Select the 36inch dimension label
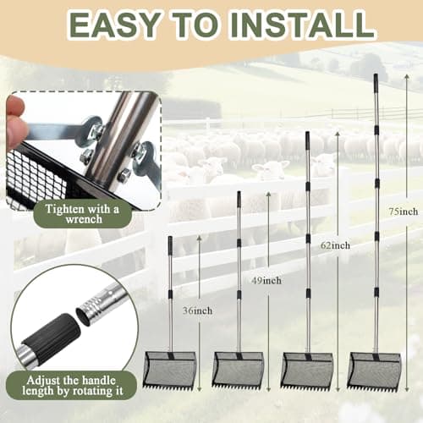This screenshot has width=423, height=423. tap(197, 310)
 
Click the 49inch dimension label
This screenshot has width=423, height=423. tap(266, 281)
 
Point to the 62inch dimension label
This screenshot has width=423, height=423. tap(335, 245)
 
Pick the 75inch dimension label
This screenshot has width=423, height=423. tap(404, 211)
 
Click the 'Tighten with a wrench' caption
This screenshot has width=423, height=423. tap(82, 214)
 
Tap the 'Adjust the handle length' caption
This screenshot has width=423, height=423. tap(72, 386)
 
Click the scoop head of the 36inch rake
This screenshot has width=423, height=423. tap(170, 371)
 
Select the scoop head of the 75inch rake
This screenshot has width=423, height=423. tap(375, 371)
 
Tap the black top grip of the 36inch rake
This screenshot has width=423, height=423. tap(170, 245)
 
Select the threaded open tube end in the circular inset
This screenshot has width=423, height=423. tap(90, 313)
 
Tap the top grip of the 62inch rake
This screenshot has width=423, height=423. tap(307, 141)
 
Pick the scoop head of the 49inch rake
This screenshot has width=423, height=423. tap(239, 371)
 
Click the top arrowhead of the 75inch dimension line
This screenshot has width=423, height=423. tap(406, 77)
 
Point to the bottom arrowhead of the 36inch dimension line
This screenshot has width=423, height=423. tap(200, 388)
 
